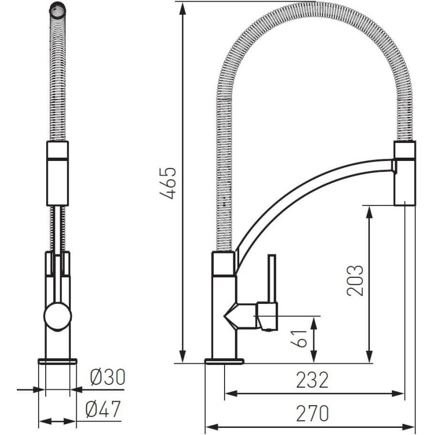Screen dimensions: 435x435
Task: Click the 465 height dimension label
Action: [169, 183]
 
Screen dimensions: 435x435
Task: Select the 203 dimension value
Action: [355, 281]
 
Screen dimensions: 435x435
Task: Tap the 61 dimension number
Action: [299, 338]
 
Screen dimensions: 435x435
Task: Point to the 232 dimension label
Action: [312, 380]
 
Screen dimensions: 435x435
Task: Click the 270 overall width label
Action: [312, 413]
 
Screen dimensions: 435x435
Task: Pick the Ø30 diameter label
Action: [108, 377]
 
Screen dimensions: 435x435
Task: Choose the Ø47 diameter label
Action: [103, 409]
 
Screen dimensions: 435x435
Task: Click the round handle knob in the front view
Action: [58, 316]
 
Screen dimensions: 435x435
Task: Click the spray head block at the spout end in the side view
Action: [405, 173]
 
